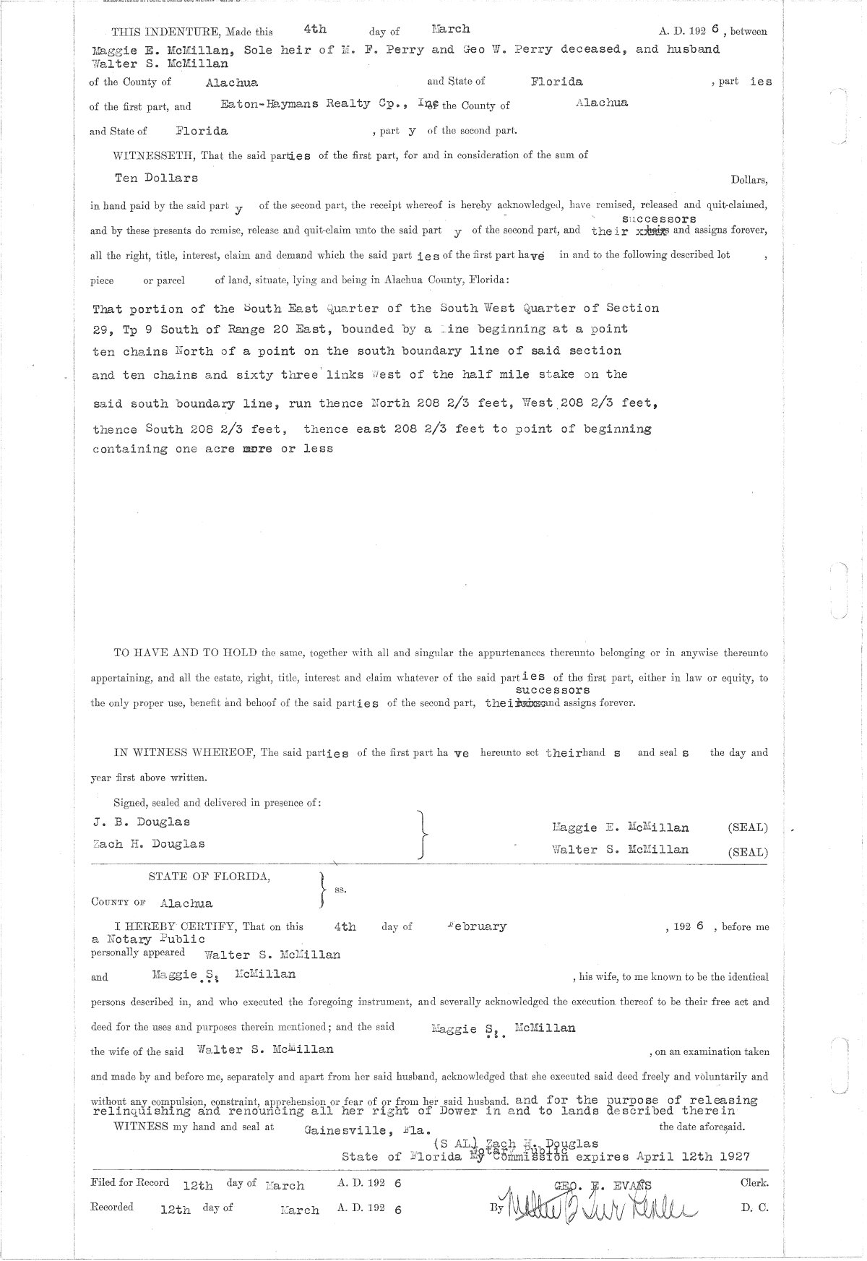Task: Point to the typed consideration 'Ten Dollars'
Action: (x=156, y=178)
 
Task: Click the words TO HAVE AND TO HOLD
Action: (x=185, y=653)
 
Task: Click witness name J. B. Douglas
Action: (x=142, y=822)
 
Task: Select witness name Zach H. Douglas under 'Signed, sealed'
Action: (x=148, y=843)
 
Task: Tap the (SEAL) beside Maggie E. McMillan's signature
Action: (x=747, y=827)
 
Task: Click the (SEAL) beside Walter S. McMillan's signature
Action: (x=747, y=851)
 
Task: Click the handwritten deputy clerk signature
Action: (x=600, y=1207)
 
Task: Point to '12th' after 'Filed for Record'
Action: (x=198, y=1185)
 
